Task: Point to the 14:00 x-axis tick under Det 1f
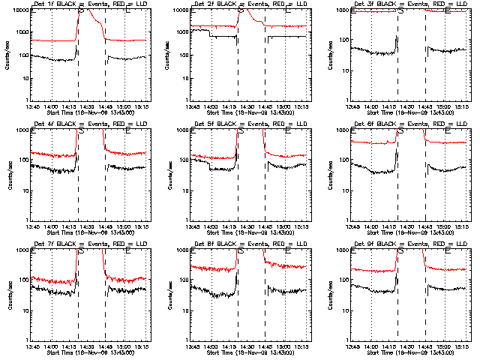point(50,106)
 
